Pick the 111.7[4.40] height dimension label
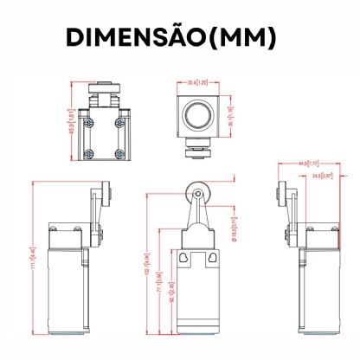tap(33, 259)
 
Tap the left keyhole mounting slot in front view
tap(183, 258)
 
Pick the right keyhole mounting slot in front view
tap(210, 258)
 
